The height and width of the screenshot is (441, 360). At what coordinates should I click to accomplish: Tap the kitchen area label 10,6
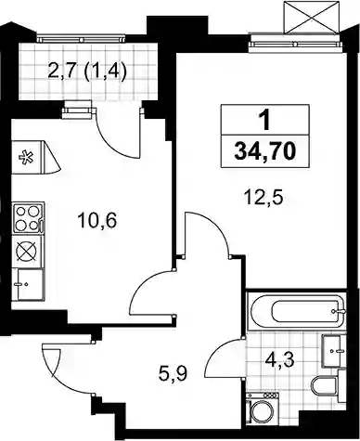[x=97, y=221]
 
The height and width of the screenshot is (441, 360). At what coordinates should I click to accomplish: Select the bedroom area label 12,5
[x=264, y=197]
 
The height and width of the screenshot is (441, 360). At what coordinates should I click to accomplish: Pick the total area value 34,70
[x=265, y=151]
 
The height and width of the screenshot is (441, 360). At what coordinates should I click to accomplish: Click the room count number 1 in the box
[x=264, y=121]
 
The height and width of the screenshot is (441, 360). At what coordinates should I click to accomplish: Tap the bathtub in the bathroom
[x=297, y=311]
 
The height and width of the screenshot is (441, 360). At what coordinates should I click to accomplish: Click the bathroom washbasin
[x=333, y=351]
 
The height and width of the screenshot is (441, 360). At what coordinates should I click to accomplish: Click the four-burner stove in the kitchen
[x=28, y=217]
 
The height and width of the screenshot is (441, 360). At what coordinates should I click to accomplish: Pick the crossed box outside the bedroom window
[x=311, y=17]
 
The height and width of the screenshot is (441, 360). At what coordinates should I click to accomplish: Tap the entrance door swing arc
[x=63, y=376]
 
